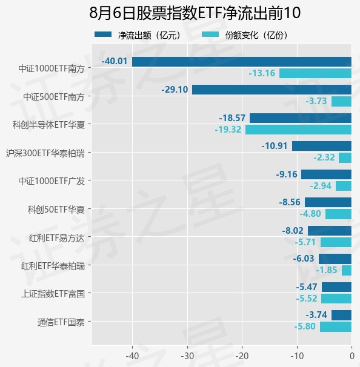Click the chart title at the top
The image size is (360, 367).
click(195, 13)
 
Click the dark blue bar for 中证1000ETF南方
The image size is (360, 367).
click(242, 62)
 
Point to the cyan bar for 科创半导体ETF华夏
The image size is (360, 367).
click(298, 130)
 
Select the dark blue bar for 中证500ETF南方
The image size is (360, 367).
click(272, 90)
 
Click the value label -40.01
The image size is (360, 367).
click(115, 61)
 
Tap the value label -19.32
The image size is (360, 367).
click(228, 130)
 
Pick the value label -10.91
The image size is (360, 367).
click(275, 146)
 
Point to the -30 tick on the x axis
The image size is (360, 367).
click(187, 356)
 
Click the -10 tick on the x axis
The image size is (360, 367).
click(297, 356)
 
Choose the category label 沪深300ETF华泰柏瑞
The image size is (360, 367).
click(45, 154)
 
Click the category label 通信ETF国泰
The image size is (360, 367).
click(61, 323)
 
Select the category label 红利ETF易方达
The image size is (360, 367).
click(56, 238)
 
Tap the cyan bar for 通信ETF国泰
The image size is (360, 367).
click(336, 327)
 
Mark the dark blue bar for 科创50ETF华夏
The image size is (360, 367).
click(328, 202)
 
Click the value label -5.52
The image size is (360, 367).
click(307, 299)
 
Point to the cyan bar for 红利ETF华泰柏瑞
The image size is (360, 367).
click(347, 270)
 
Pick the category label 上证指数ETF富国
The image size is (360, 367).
click(53, 294)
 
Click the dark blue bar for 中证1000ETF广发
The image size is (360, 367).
click(326, 174)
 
